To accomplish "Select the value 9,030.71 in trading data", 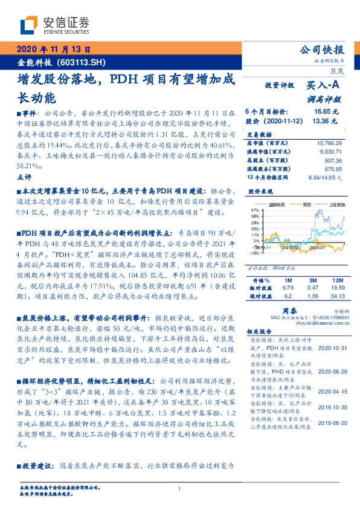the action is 333,151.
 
